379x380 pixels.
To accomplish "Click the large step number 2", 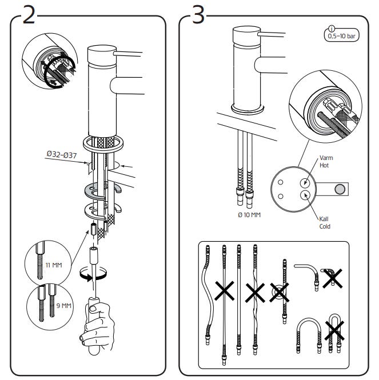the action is (29, 15).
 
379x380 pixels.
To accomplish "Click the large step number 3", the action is (198, 15).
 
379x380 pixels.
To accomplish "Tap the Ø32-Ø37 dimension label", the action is (62, 154).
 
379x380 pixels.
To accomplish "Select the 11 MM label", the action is (54, 265).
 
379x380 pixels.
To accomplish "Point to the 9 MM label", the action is (64, 306).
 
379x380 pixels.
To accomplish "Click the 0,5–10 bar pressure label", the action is (341, 37).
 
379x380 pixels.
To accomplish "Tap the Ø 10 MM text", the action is (249, 215).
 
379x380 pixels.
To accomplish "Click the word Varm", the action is (326, 158).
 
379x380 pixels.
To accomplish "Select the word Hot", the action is (324, 165).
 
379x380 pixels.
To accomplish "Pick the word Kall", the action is (324, 219).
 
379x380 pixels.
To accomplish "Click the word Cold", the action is (325, 226).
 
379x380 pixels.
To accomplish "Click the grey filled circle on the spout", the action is (340, 189).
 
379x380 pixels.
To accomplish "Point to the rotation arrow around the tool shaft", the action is (93, 274).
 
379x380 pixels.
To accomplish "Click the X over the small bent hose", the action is (333, 278).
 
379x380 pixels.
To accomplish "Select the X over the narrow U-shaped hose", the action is (334, 330).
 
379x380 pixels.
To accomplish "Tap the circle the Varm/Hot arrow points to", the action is (305, 182).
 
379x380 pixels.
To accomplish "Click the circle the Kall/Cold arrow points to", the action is (305, 195).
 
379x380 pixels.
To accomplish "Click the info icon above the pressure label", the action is (331, 29).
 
